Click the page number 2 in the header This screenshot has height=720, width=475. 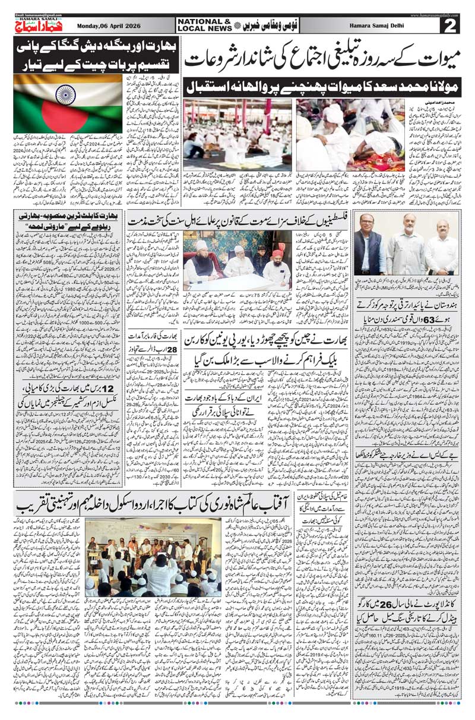click(x=452, y=26)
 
